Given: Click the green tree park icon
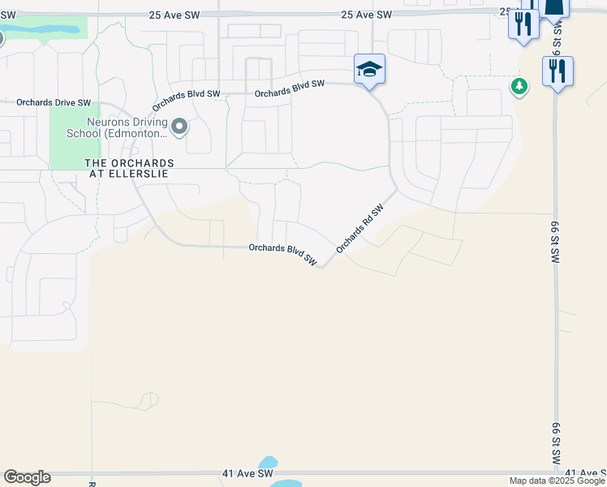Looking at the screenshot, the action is (519, 85).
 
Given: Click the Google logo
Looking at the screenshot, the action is (27, 477).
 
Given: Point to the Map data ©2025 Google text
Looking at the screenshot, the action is (557, 481).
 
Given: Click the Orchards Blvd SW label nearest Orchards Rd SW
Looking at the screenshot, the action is (282, 252).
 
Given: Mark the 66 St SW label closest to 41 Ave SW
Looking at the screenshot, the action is (557, 442).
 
